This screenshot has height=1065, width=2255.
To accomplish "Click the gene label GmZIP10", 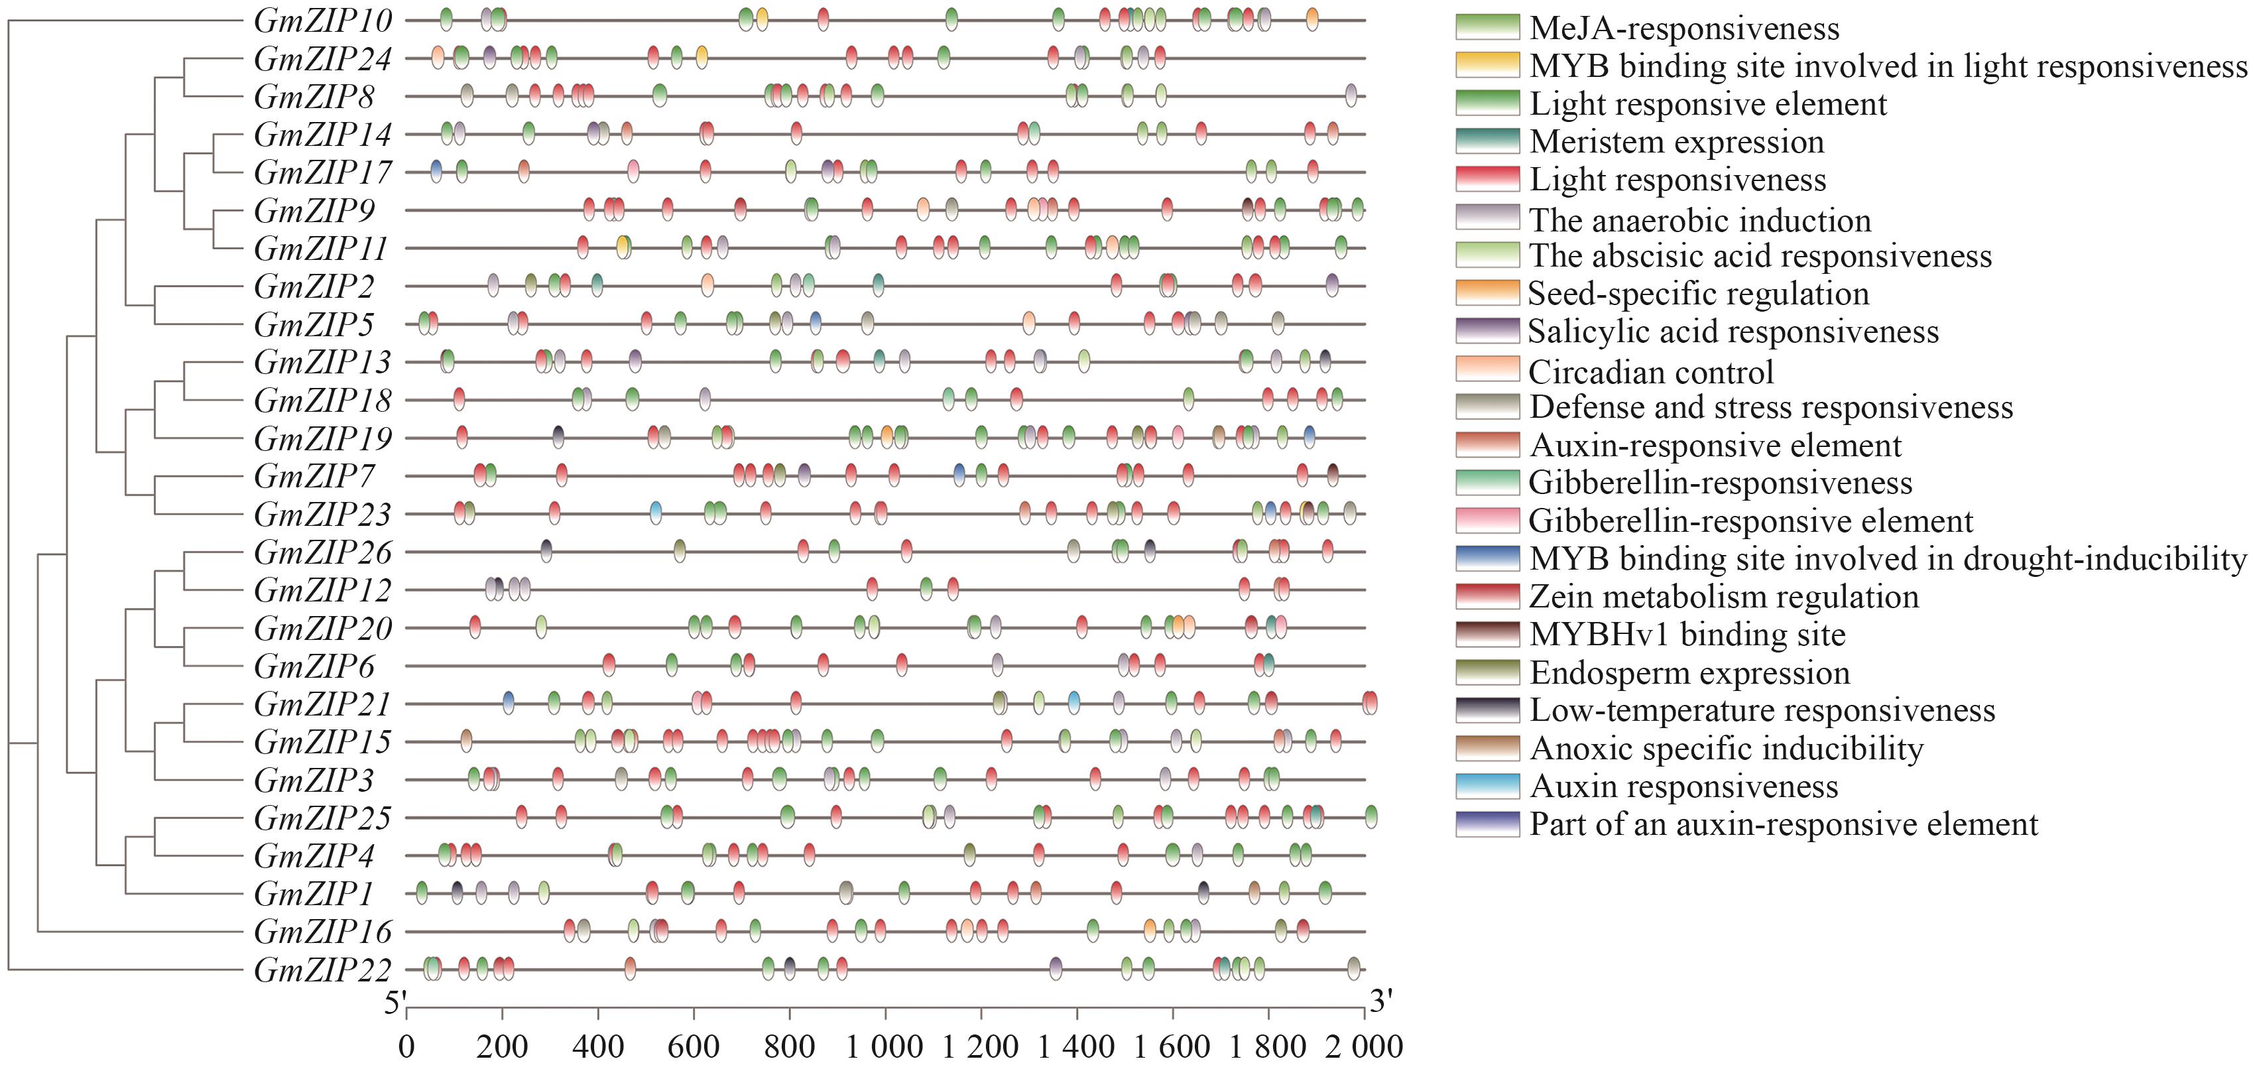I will point(323,20).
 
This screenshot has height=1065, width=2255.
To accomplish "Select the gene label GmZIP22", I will point(323,970).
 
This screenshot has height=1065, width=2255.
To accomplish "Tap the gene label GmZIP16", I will point(323,931).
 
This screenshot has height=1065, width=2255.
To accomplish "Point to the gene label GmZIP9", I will point(314,210).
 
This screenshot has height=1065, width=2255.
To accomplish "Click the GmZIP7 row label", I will point(314,476).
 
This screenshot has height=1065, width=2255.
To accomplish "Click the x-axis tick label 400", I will point(599,1046).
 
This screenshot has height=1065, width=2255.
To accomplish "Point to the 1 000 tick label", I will point(884,1046).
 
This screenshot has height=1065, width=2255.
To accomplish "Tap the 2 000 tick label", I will point(1363,1046).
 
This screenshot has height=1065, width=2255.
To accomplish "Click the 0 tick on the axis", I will point(406,1046).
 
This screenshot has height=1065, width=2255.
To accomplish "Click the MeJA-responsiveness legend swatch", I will point(1487,27).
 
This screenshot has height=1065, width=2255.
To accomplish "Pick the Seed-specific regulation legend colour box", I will point(1487,292).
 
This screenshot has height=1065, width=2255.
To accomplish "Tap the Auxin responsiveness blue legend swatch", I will point(1487,786).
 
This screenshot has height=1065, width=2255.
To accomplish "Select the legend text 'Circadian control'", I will point(1651,372).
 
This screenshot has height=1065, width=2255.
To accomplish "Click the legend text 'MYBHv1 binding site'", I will point(1687,634).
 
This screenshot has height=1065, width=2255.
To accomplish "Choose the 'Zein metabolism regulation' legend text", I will point(1724,596).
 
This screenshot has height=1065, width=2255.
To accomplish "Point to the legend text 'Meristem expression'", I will point(1676,141).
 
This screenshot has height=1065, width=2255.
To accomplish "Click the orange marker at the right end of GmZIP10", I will point(1311,19).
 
